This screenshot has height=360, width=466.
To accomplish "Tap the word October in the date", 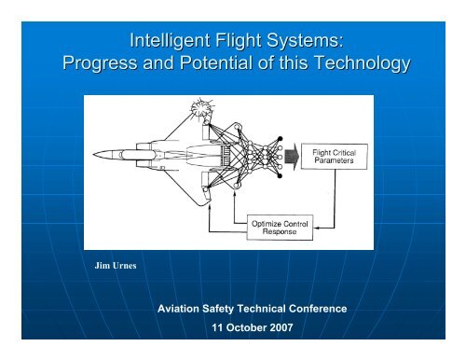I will pos(235,328).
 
